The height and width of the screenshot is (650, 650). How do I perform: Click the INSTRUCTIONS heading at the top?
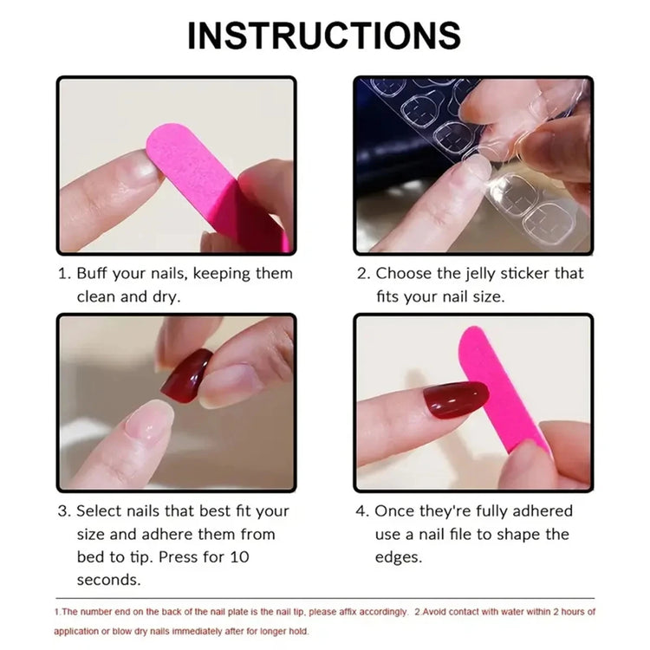pos(324,36)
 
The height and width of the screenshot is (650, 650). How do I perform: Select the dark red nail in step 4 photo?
pos(455,400)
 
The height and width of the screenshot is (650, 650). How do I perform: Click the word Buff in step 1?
pos(93,274)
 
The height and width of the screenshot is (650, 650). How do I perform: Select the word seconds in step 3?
pos(108,580)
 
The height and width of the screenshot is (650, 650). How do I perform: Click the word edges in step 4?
pos(398,557)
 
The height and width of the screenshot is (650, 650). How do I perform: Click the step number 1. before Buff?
pos(64,274)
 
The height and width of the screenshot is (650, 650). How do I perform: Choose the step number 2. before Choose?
pos(363,274)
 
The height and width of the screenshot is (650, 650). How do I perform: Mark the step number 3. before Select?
pos(64,511)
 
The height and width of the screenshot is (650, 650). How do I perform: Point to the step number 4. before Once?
pos(363,511)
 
